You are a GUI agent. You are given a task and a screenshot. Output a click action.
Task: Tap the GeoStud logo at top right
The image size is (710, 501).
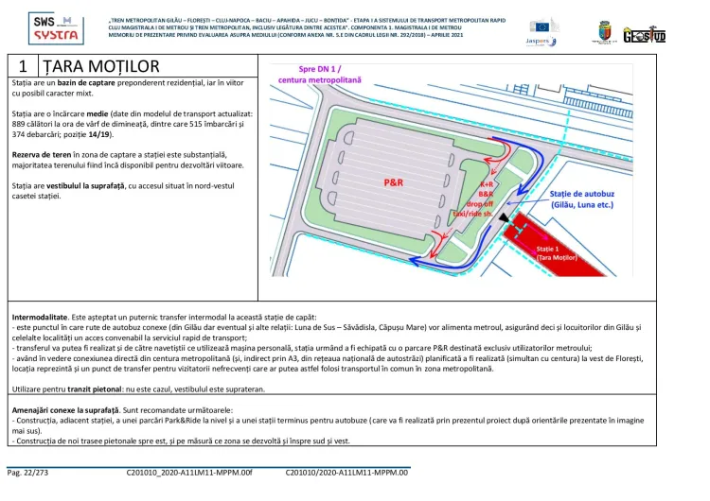[x=645, y=33]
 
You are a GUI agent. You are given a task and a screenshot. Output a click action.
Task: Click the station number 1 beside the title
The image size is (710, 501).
[x=22, y=66]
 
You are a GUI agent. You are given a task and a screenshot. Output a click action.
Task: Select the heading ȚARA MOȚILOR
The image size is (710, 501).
[x=101, y=66]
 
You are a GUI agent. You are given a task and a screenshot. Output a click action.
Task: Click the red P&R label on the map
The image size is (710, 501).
[x=393, y=179]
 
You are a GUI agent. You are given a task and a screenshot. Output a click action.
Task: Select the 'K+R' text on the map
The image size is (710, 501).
[x=487, y=184]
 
